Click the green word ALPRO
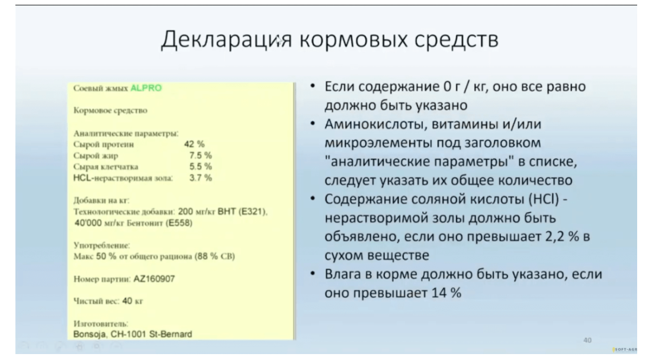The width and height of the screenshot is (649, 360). [146, 88]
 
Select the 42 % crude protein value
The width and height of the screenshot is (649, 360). [194, 144]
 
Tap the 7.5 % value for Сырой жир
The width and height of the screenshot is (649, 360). [200, 155]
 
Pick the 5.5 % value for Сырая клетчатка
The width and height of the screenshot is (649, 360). [200, 166]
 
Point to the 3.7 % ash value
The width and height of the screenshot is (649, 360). [200, 178]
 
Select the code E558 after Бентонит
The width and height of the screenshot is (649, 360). [179, 223]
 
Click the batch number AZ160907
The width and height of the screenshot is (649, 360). [154, 279]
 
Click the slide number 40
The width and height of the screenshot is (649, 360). [587, 340]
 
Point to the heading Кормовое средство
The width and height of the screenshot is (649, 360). [110, 111]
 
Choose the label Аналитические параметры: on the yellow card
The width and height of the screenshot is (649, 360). [126, 133]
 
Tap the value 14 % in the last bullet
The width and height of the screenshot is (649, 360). [446, 292]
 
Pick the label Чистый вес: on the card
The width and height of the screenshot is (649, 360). [96, 301]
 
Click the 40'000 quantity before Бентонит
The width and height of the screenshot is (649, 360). [88, 223]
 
